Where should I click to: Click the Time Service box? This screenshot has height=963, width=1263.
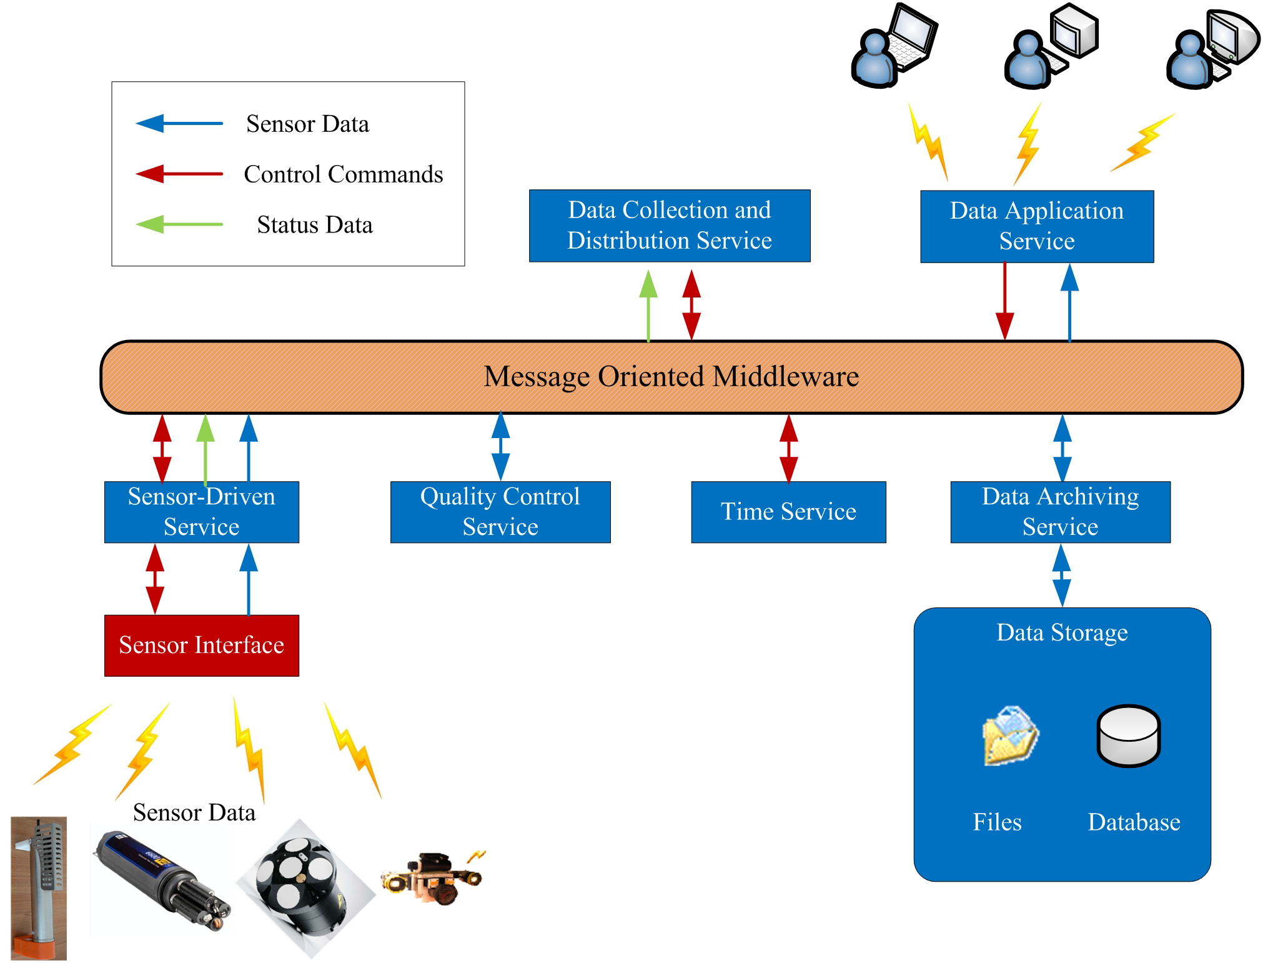[788, 511]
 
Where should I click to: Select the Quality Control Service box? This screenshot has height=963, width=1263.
[500, 511]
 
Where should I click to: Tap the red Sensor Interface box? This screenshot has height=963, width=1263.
[201, 645]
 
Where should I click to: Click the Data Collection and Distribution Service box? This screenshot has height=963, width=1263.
[669, 225]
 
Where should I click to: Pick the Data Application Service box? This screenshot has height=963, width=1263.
[1036, 226]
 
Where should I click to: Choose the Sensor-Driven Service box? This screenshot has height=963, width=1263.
[201, 511]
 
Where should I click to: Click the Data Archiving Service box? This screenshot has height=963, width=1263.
[1060, 511]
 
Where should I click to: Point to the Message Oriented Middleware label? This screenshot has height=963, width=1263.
[671, 376]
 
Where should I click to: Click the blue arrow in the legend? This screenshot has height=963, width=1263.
[179, 123]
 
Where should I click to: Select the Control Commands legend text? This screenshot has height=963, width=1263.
[343, 174]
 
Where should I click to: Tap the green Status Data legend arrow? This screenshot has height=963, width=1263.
[179, 224]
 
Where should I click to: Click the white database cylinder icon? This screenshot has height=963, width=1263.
[1128, 736]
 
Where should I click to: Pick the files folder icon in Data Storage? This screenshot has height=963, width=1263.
[1010, 736]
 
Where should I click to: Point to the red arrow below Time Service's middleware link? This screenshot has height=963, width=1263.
[788, 447]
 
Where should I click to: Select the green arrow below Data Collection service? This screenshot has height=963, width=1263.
[648, 306]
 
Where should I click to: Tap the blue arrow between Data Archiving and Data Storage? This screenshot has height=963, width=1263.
[1061, 575]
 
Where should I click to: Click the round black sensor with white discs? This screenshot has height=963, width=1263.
[305, 887]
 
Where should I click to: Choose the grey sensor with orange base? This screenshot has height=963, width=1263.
[39, 887]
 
